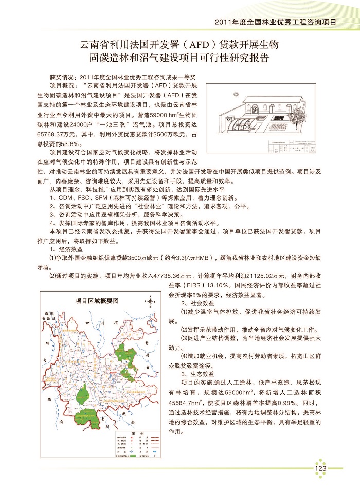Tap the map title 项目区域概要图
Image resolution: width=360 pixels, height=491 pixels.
[97, 301]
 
